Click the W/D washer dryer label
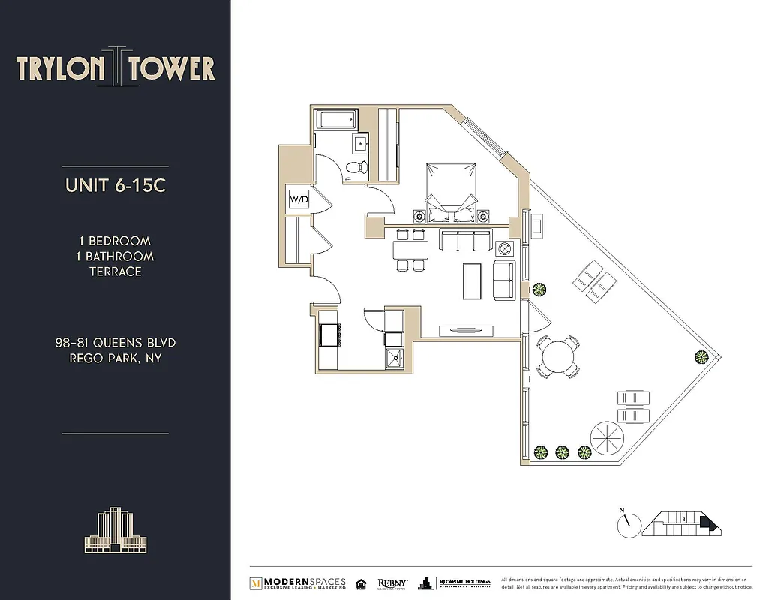coord(299,199)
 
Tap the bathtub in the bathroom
coord(336,120)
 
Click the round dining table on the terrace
coord(557,355)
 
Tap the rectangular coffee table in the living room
coord(473,280)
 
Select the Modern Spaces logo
coord(298,583)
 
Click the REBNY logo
coord(392,583)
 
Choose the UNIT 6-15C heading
coord(115,185)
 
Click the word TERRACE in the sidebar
coord(115,271)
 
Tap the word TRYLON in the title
coord(60,69)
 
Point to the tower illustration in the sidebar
coord(115,532)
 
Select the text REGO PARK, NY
coord(115,358)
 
